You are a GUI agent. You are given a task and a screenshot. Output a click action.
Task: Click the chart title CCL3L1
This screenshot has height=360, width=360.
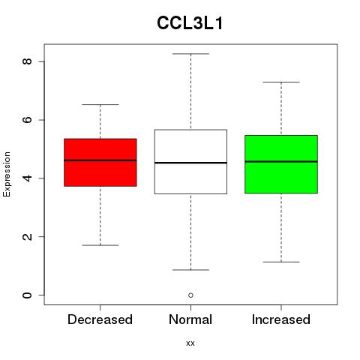coord(190,23)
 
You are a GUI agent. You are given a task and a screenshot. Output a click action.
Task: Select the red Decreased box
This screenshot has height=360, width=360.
coord(100,163)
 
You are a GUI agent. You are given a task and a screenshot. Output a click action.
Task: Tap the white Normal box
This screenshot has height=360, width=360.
coord(190,162)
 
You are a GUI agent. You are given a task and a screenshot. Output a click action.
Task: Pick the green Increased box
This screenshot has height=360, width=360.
coord(281,164)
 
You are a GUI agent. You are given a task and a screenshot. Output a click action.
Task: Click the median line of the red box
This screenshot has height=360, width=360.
coord(100,160)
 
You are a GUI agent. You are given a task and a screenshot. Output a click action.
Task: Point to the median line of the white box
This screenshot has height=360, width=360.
coord(190,163)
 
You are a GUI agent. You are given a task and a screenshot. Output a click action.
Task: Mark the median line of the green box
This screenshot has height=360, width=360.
coord(281,161)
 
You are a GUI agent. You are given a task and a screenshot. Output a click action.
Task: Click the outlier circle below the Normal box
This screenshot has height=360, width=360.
coord(190,295)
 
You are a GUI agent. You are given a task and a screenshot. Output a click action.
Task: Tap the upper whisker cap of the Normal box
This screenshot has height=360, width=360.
coord(190,54)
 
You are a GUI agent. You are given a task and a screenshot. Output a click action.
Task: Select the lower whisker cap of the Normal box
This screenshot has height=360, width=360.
coord(190,270)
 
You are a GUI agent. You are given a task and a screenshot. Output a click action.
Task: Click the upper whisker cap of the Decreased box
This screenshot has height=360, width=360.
coord(100,104)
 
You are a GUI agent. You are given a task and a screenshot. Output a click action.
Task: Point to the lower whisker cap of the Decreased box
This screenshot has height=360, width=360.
coord(100,245)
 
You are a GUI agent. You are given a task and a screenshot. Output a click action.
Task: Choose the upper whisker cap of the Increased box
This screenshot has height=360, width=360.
coord(281,82)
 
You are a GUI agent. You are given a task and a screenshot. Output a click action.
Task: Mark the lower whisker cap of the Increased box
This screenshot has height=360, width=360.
coord(281,262)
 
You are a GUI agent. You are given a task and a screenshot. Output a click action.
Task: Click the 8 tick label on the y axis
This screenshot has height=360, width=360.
coord(28,61)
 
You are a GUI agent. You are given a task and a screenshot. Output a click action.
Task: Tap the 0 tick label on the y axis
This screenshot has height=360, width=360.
coord(28,295)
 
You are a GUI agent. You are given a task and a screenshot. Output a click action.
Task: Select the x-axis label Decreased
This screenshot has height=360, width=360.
coord(100,319)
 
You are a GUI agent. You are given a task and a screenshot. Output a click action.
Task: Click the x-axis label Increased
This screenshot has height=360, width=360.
coord(281,319)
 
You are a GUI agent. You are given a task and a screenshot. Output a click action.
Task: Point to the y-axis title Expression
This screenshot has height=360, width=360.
coord(7,174)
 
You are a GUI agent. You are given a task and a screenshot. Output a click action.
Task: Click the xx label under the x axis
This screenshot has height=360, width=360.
coord(190,343)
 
